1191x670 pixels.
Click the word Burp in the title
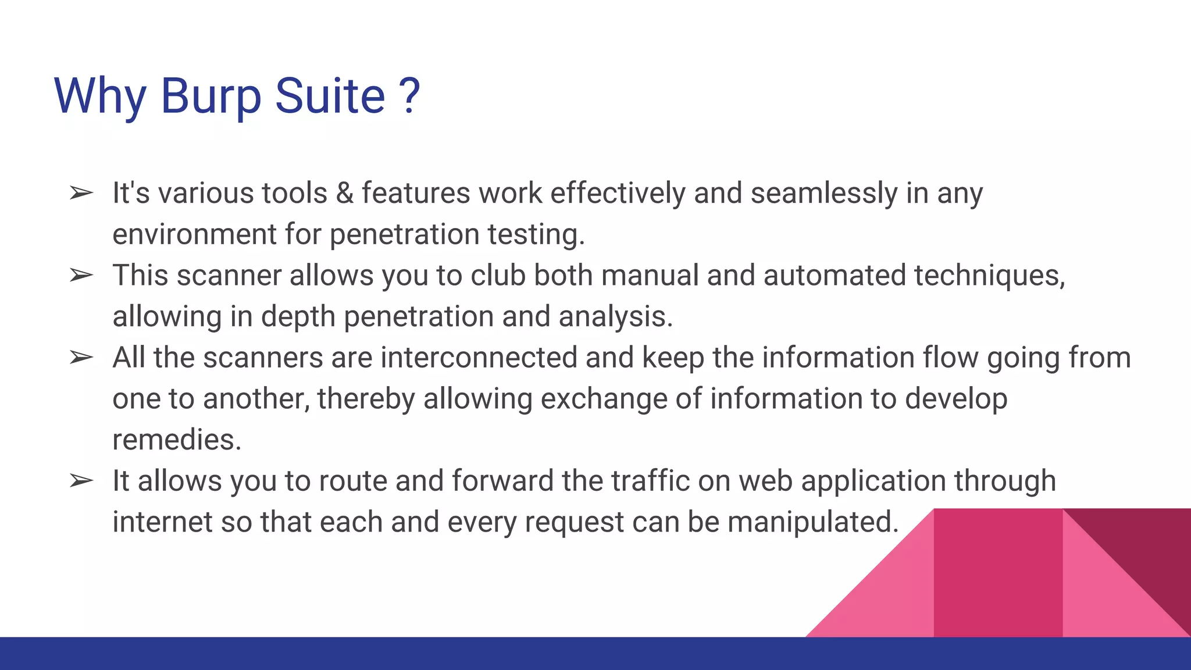tap(211, 97)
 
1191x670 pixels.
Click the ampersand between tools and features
tap(345, 193)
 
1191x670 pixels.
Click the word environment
tap(194, 234)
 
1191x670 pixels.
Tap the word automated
tap(835, 275)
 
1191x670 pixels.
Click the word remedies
tap(176, 440)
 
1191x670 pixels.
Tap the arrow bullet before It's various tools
tap(81, 193)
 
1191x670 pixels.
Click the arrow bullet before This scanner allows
tap(81, 275)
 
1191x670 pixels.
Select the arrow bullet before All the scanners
tap(81, 357)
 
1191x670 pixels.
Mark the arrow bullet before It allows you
tap(81, 481)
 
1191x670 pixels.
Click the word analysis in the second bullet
tap(615, 317)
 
